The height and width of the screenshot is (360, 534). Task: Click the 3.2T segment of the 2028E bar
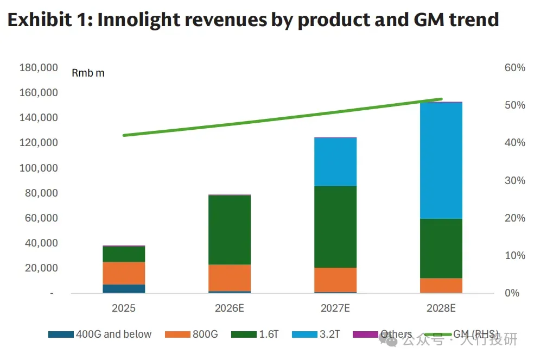coord(441,160)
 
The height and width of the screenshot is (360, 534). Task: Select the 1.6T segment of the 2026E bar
coord(229,230)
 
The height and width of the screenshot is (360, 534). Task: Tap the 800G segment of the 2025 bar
coord(124,273)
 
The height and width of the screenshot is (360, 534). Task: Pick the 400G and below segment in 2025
coord(124,288)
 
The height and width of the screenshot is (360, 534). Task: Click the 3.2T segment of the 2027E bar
coord(335,162)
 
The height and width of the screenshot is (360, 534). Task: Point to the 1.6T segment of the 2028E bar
coord(441,248)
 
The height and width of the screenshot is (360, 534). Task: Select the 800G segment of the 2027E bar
coord(335,280)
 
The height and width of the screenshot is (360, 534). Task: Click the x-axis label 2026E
coord(229,308)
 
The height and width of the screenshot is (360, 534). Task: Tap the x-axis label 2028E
coord(441,308)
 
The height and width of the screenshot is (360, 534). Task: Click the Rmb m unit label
coord(88,73)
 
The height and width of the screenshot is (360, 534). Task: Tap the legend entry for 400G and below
coord(100,334)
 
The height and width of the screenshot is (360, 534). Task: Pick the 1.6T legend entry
coord(255,334)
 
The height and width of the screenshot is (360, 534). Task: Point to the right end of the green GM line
coord(441,99)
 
